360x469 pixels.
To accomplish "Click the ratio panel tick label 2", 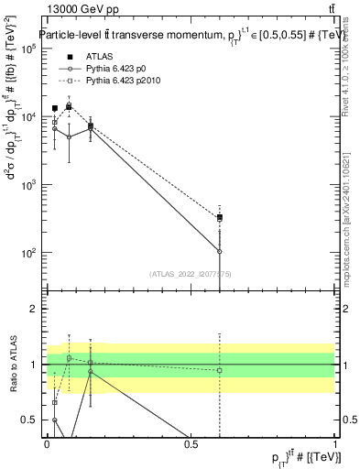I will coord(34,309).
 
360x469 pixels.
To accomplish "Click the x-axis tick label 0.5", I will coord(191,444).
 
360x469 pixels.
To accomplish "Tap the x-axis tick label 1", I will coord(335,444).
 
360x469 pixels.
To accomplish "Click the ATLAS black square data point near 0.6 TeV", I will coord(219,218).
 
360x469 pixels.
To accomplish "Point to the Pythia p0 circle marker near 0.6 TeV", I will coord(219,251).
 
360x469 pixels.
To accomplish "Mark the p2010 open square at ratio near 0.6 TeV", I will coord(219,370).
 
